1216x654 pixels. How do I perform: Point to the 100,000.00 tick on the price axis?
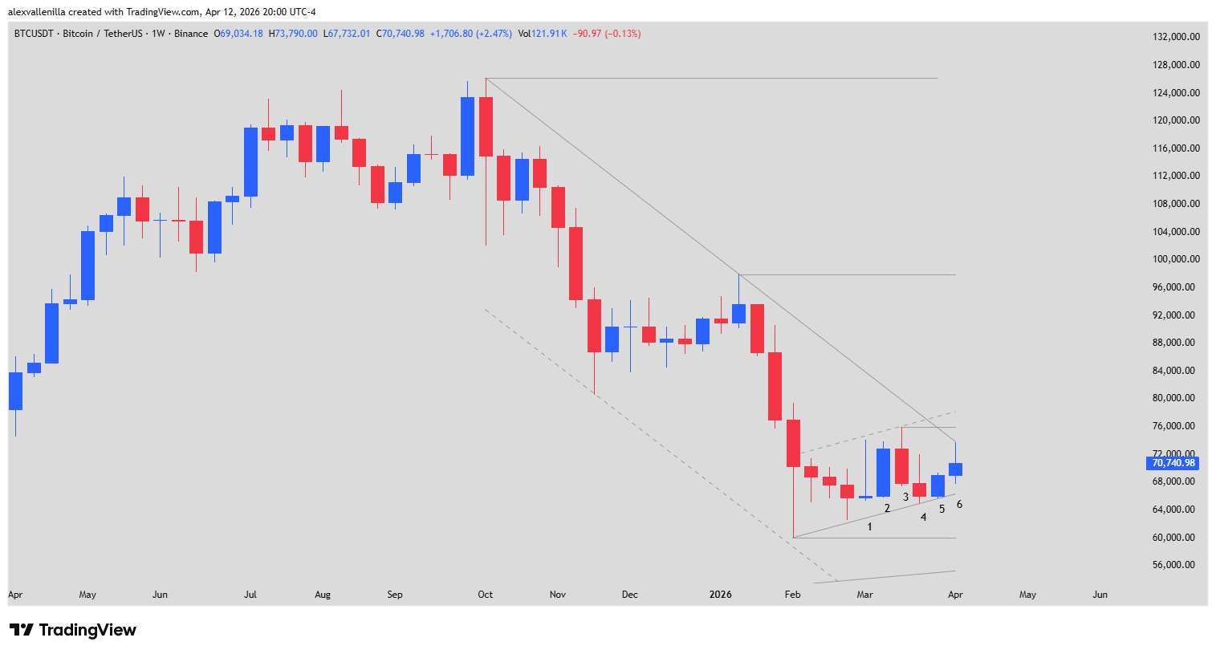click(1176, 259)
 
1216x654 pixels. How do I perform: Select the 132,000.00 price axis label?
click(1176, 37)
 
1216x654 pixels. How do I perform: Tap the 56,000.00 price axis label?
click(1176, 565)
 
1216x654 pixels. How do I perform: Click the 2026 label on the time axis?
click(720, 595)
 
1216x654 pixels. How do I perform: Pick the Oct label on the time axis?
click(485, 595)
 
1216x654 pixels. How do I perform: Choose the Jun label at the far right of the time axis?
click(1100, 595)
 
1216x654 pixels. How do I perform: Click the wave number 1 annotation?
click(869, 527)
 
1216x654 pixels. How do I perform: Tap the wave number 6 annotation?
click(959, 505)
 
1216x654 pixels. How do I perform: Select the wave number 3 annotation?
click(905, 498)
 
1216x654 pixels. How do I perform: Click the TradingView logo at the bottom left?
click(73, 630)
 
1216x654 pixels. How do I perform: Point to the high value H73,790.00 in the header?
click(293, 34)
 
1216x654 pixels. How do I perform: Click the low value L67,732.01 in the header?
click(347, 34)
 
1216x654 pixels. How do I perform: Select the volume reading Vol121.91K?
click(543, 34)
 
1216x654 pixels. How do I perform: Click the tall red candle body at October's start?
click(486, 127)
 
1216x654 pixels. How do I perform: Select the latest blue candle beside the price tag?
click(955, 469)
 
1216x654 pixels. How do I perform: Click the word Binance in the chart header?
click(191, 34)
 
